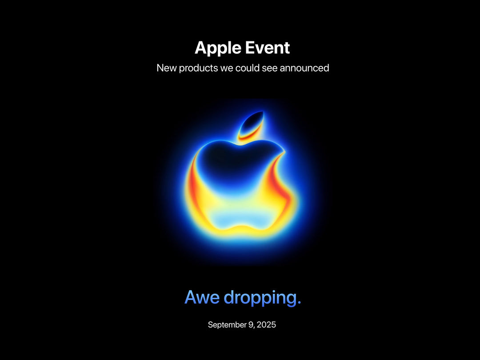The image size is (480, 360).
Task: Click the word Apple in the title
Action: click(218, 48)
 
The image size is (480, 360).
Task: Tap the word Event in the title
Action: click(268, 48)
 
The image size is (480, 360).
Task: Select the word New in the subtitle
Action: click(167, 68)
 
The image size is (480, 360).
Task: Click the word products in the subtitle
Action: click(198, 68)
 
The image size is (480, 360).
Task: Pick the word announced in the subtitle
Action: click(304, 68)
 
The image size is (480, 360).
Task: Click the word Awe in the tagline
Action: click(202, 297)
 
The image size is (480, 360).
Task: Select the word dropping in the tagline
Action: click(260, 298)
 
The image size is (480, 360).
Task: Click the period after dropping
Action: click(299, 303)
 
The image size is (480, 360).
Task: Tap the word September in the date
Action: click(227, 325)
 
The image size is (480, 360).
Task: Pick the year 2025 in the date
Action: click(266, 324)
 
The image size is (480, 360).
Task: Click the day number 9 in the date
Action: click(250, 324)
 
